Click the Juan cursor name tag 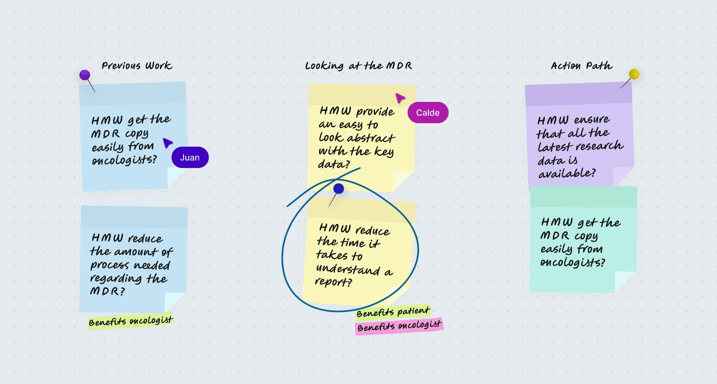(x=190, y=157)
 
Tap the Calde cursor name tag (x=428, y=113)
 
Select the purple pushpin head (x=85, y=75)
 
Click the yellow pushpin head (x=634, y=74)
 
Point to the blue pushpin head (x=339, y=189)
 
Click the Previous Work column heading (x=137, y=66)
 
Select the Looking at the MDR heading (x=359, y=66)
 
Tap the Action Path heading (x=581, y=66)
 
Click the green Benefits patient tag (x=393, y=312)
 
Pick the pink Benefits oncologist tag (x=399, y=326)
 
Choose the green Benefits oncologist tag (x=131, y=321)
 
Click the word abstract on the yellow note (x=369, y=138)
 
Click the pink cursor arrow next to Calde (x=400, y=98)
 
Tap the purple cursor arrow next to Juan (x=168, y=142)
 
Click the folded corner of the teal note (x=625, y=281)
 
